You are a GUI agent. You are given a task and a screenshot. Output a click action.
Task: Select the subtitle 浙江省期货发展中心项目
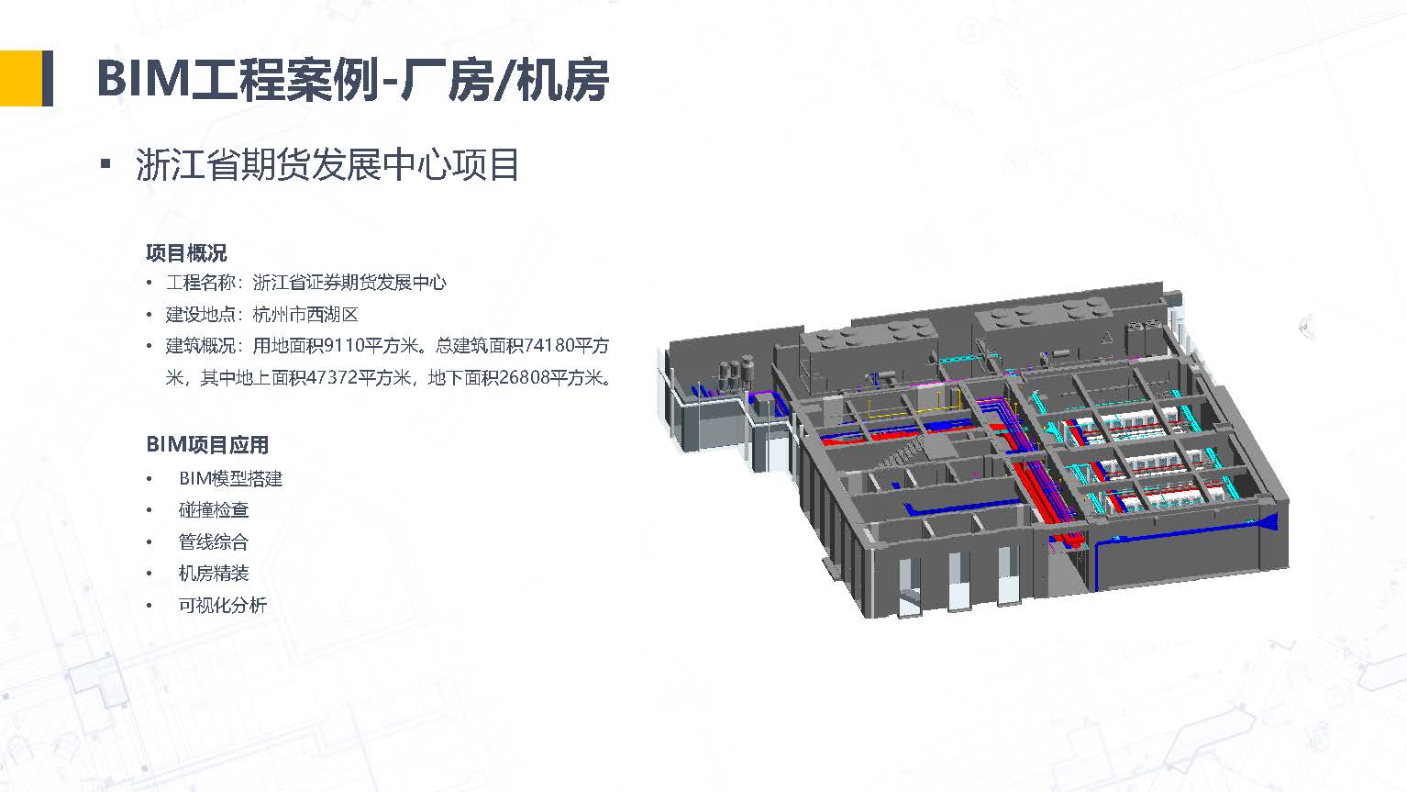click(x=327, y=164)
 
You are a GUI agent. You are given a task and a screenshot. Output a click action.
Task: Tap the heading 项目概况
click(x=186, y=253)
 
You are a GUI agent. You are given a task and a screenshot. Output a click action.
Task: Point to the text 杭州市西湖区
click(x=305, y=314)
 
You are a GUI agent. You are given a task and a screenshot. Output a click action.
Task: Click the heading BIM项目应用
click(x=207, y=445)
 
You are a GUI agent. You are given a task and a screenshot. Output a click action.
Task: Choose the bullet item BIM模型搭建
click(x=230, y=479)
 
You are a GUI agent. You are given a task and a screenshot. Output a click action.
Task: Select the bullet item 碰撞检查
click(x=214, y=509)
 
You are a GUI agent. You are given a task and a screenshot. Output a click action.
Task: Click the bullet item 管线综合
click(x=214, y=541)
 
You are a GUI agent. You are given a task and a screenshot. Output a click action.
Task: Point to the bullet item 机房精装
click(x=214, y=574)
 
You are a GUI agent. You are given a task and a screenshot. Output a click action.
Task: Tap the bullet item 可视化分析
click(x=222, y=606)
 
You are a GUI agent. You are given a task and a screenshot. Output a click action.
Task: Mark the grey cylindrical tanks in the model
click(x=736, y=372)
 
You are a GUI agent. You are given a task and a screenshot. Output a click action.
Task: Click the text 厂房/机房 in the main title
click(x=505, y=80)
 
